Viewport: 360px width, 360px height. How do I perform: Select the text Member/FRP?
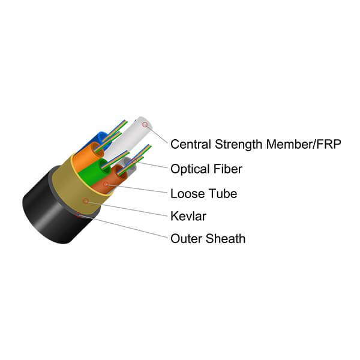304,144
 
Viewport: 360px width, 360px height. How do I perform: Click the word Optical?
190,169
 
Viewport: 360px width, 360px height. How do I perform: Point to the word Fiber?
227,169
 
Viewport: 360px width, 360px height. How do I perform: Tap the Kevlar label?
188,216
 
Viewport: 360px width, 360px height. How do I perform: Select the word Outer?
186,239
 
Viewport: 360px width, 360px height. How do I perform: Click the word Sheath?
226,239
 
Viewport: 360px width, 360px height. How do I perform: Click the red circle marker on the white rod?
145,125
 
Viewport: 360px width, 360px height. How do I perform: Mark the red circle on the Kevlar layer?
86,201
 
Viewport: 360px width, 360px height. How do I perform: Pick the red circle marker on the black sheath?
79,215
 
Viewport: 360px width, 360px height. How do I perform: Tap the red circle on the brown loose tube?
106,184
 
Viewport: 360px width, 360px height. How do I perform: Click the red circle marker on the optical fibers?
134,161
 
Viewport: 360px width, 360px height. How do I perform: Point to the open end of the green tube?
104,166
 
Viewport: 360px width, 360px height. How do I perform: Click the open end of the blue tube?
103,139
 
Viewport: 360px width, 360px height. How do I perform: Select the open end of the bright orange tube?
98,149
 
